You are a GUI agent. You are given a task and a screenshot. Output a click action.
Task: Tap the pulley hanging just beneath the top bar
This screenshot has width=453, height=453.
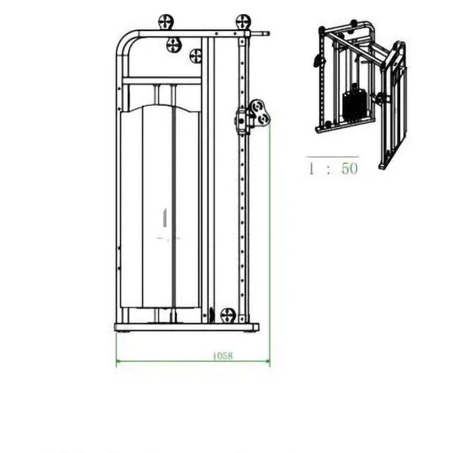pyautogui.click(x=174, y=44)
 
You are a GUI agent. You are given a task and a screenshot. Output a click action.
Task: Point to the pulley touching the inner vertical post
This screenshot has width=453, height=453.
pyautogui.click(x=196, y=56)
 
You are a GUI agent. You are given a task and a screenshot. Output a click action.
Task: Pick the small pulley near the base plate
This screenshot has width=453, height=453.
pyautogui.click(x=228, y=315)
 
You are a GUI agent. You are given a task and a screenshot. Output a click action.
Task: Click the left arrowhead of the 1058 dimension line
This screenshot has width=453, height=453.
pyautogui.click(x=118, y=360)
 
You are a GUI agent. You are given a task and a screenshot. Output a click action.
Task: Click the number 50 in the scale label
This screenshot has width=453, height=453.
pyautogui.click(x=349, y=168)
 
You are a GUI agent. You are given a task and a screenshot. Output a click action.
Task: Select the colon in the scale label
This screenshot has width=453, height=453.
pyautogui.click(x=329, y=169)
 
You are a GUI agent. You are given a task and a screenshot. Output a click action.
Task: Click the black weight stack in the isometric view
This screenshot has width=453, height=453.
pyautogui.click(x=356, y=103)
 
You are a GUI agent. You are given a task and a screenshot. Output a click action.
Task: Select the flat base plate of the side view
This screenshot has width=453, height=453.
pyautogui.click(x=186, y=327)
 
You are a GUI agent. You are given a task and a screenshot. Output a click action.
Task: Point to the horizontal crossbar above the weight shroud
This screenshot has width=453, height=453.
pyautogui.click(x=161, y=80)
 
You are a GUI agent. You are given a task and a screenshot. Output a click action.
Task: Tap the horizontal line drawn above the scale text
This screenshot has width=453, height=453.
pyautogui.click(x=332, y=156)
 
